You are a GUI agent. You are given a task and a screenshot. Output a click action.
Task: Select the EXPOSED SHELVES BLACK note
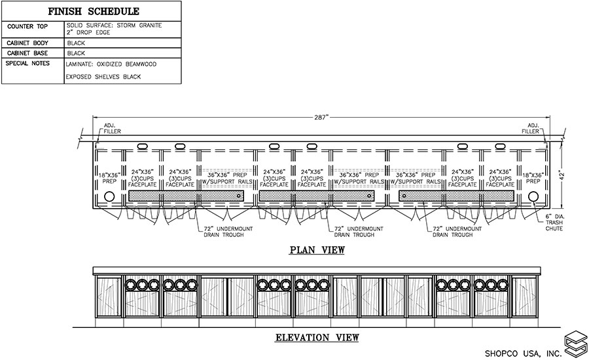tap(103, 77)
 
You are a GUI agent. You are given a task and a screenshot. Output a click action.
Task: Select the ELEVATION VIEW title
tap(317, 338)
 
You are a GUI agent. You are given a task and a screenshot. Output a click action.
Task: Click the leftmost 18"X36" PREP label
tap(109, 179)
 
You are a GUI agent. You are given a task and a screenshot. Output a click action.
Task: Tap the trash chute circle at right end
tap(533, 196)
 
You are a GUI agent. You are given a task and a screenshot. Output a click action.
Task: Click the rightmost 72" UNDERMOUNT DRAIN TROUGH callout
tap(457, 230)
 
